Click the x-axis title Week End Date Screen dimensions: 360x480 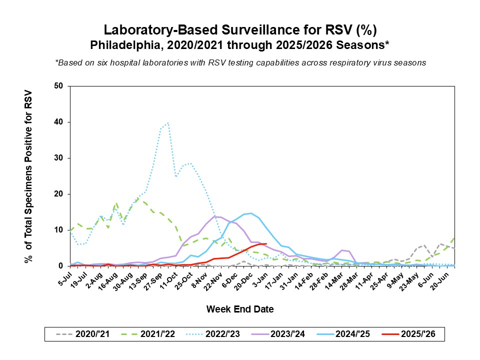pyautogui.click(x=240, y=309)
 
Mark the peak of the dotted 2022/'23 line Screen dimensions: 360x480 pyautogui.click(x=168, y=122)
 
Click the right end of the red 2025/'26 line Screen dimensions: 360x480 pyautogui.click(x=266, y=244)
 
